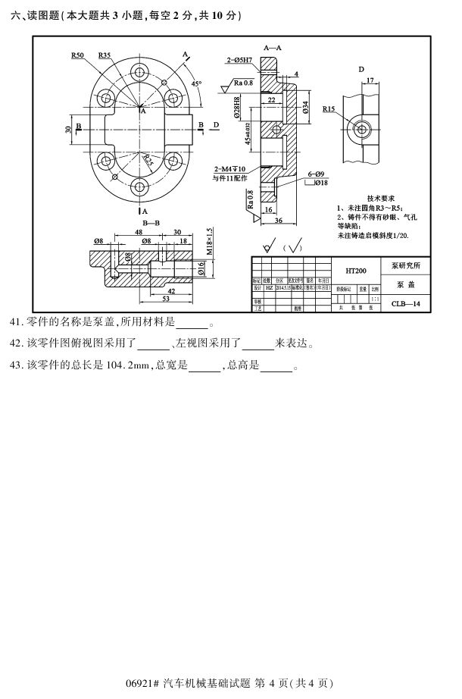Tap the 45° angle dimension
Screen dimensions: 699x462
[196, 83]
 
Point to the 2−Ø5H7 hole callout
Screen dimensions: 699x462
[239, 59]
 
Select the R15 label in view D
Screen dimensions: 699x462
[328, 109]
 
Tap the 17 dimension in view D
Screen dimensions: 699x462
[369, 80]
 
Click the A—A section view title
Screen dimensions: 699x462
[273, 47]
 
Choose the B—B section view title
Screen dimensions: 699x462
[151, 224]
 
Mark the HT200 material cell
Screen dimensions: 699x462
[356, 270]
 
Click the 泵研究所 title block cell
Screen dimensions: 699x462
[410, 266]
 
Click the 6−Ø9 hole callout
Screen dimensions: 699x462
[315, 174]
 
